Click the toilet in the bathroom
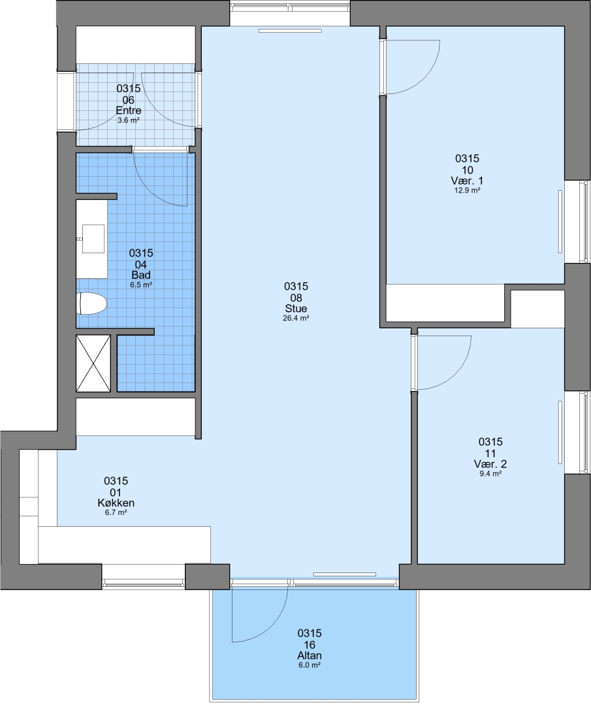(x=93, y=304)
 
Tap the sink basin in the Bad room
(x=93, y=239)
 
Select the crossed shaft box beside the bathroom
(x=93, y=364)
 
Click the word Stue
(x=296, y=308)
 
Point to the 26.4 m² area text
(x=296, y=318)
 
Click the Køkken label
(x=116, y=503)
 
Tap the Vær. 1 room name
(x=468, y=181)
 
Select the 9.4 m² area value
(x=490, y=473)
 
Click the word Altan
(x=310, y=655)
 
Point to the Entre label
(x=129, y=110)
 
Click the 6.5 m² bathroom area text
(x=141, y=285)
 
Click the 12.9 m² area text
(x=468, y=190)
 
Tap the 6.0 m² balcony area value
(x=310, y=665)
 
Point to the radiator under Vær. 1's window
(x=560, y=223)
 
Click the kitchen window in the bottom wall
(x=144, y=583)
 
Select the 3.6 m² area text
(x=129, y=121)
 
